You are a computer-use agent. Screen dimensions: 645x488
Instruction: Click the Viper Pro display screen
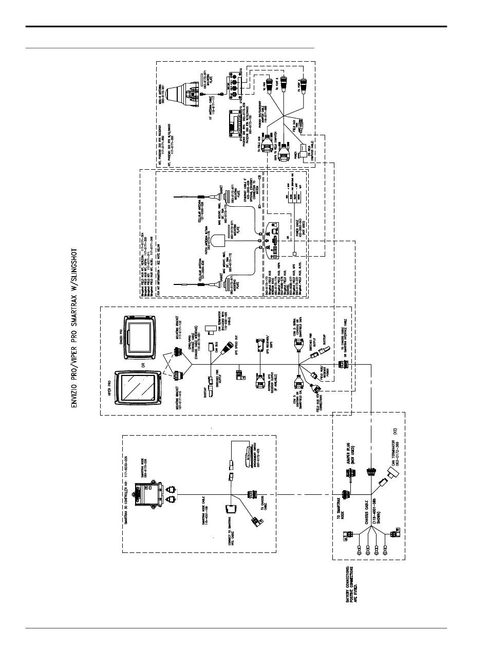pos(136,389)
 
